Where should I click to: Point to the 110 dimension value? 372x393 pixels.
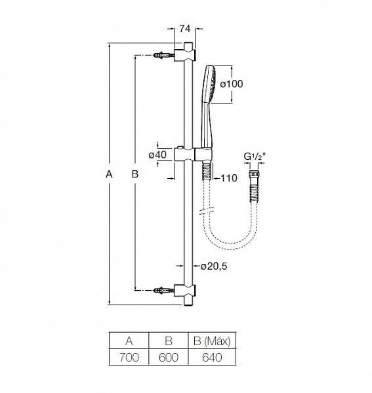[x=228, y=178]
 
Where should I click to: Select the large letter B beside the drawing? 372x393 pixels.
[x=134, y=174]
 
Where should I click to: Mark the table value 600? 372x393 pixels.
[x=168, y=358]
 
